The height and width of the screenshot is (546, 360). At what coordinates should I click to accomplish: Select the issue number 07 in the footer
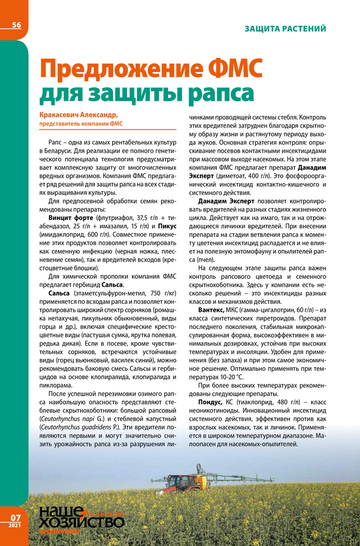coord(15,518)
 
